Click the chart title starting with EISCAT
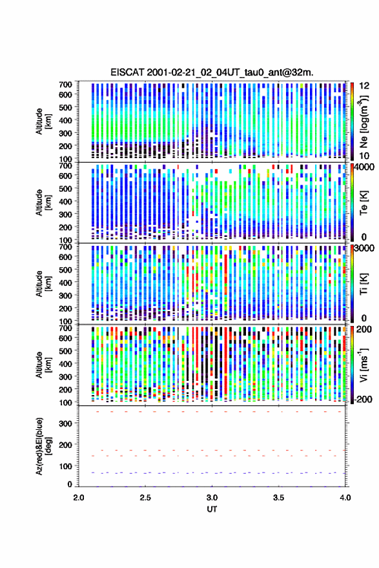click(x=212, y=72)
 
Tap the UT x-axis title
click(x=212, y=509)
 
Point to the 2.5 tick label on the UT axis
click(x=145, y=498)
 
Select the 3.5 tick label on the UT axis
click(x=279, y=498)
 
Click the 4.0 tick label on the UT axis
click(x=345, y=498)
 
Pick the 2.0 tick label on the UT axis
click(x=79, y=498)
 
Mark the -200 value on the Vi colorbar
click(x=364, y=399)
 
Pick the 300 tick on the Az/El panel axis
click(x=66, y=423)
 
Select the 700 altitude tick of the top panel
click(x=66, y=85)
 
